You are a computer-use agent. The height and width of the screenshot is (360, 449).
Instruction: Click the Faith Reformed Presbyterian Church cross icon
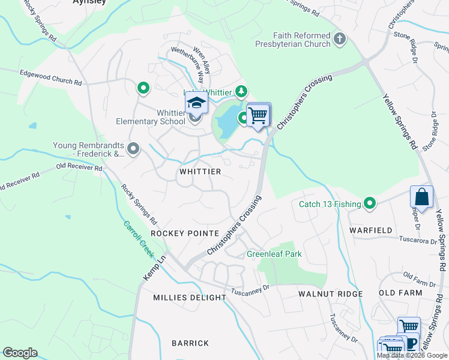coord(340,40)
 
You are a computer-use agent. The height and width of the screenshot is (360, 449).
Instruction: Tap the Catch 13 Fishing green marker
coord(370,204)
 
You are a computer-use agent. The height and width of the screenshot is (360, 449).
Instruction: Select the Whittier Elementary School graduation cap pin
coord(196,104)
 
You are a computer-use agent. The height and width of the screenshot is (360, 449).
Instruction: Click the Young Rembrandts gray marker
coord(133,148)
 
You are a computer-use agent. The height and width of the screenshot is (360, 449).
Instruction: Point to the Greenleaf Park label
coord(274,254)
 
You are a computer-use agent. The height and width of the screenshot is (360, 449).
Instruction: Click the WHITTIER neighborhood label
coord(200,172)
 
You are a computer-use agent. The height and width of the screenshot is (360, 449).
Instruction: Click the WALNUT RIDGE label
coord(331,294)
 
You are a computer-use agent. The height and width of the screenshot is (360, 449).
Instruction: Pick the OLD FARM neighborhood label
coord(400,293)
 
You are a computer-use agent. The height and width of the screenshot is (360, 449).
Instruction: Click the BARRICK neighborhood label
coord(190,343)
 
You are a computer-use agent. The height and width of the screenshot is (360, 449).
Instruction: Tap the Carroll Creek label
coord(139,240)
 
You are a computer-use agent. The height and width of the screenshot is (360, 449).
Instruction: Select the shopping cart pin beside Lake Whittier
coord(258,115)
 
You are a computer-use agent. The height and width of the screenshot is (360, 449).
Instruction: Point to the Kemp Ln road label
coord(154,269)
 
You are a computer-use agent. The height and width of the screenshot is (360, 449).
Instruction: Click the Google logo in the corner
coord(20,353)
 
